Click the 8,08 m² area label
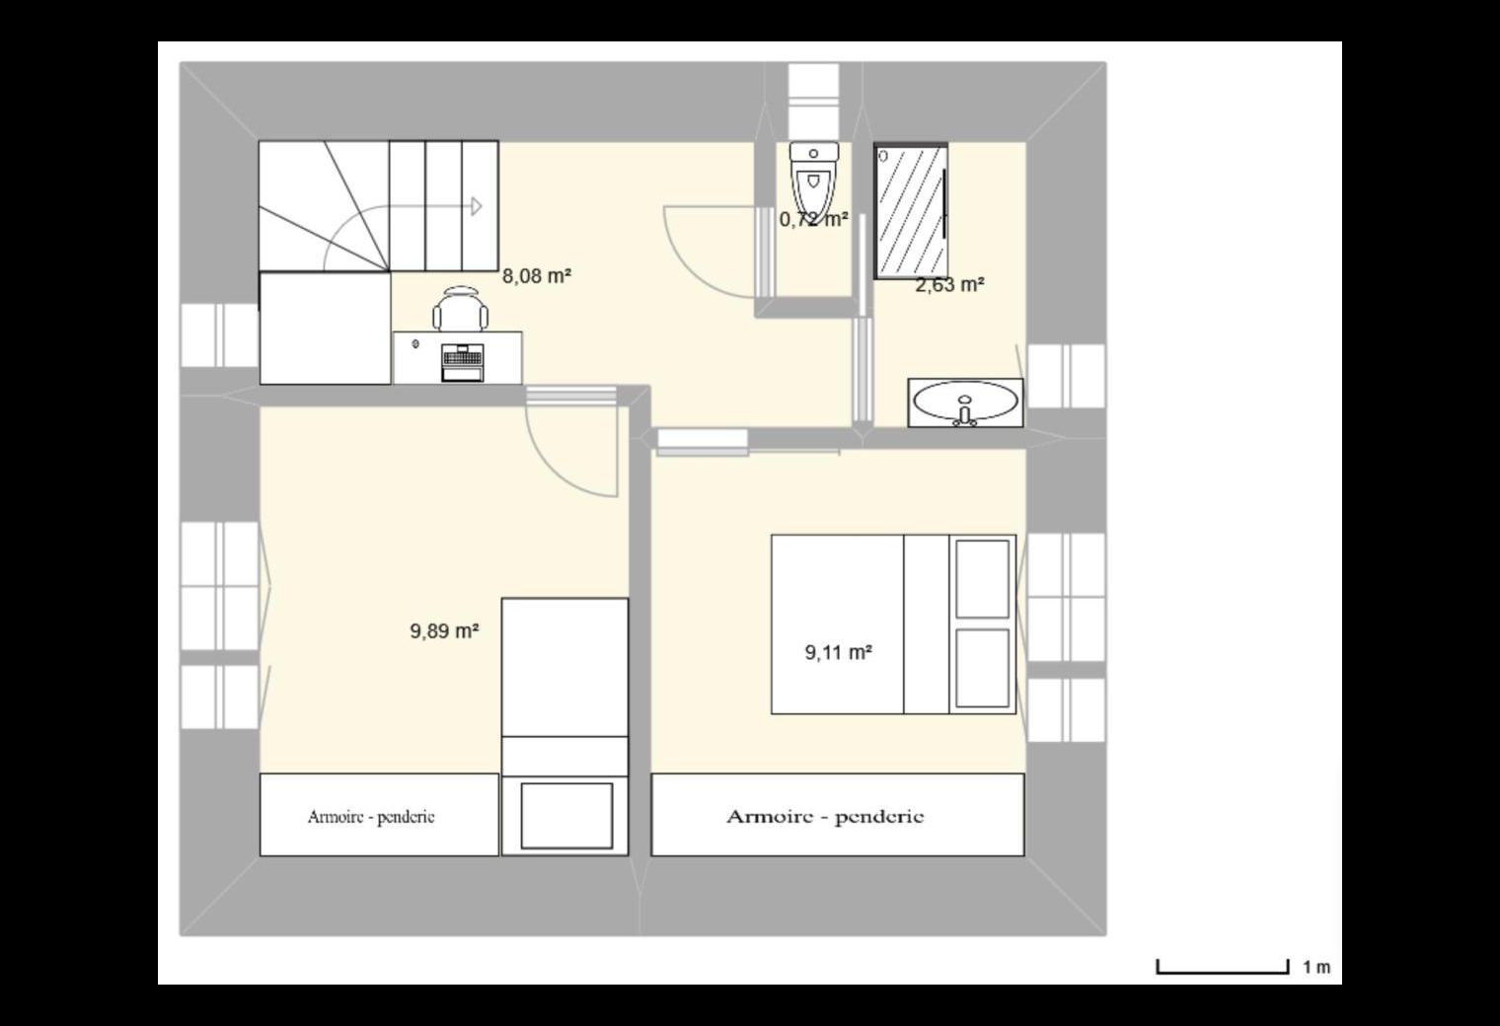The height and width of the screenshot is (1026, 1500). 537,276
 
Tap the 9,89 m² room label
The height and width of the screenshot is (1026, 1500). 444,630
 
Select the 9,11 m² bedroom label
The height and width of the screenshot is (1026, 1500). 838,652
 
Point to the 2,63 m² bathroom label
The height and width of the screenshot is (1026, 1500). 949,285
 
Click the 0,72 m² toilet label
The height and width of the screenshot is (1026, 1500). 813,219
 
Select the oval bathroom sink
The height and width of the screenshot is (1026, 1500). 965,403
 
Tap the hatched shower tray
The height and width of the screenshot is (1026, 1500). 911,211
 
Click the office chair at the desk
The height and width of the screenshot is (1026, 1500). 460,308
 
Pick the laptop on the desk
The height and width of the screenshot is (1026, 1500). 462,363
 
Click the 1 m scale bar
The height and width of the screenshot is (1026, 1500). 1222,968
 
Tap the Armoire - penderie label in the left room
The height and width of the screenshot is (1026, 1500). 371,817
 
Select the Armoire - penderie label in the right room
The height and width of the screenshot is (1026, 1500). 825,817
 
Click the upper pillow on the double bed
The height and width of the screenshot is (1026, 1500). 982,579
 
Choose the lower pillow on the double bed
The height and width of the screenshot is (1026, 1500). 982,668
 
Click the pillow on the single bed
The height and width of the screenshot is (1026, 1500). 566,816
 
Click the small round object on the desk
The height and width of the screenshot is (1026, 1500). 415,344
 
